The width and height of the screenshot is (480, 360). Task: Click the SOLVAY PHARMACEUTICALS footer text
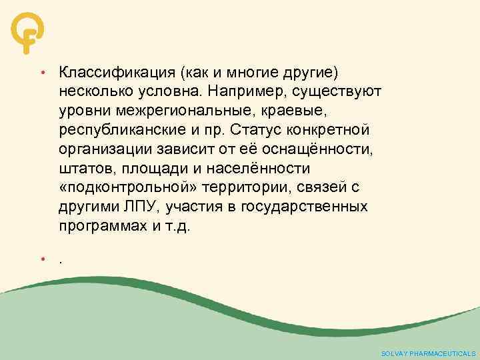pyautogui.click(x=428, y=353)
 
